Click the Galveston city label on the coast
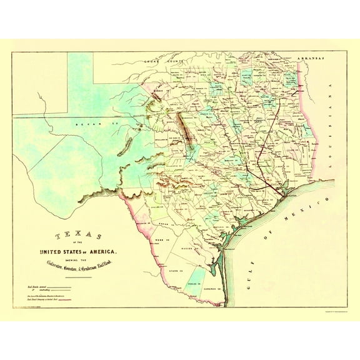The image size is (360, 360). pos(289,196)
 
